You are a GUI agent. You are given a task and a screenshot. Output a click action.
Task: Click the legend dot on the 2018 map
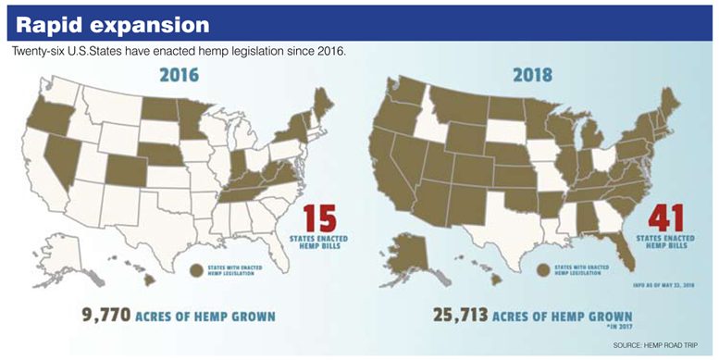tap(544, 270)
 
